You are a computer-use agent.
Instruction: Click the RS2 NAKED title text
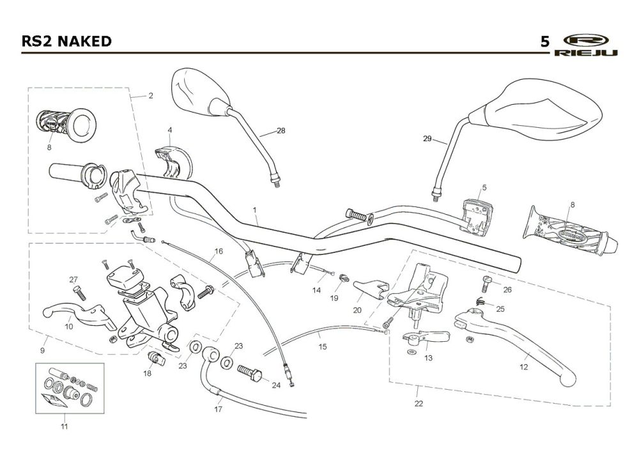pos(66,41)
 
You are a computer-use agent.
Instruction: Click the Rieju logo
pos(586,45)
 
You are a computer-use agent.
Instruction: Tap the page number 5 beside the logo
pos(545,42)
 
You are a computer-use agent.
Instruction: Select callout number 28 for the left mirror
pos(281,131)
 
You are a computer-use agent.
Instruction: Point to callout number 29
pos(427,139)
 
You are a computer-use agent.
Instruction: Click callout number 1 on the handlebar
pos(255,210)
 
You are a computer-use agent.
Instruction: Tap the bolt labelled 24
pos(249,373)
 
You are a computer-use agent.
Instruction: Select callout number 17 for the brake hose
pos(219,409)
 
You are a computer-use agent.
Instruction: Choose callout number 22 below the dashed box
pos(419,404)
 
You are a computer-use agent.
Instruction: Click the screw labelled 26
pos(486,284)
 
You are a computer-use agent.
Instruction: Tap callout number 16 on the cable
pos(219,251)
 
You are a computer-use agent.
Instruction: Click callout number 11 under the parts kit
pos(65,427)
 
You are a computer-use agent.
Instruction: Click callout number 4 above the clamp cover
pos(170,130)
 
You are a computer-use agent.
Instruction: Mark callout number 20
pos(357,310)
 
